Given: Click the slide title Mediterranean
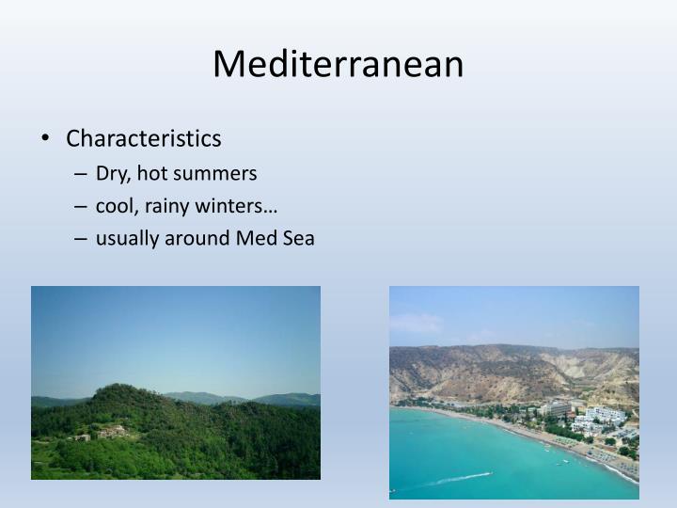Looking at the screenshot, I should tap(338, 64).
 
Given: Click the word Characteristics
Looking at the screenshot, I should tap(144, 139).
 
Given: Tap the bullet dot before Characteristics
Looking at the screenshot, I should tap(47, 139).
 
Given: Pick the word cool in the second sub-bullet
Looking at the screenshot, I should tap(115, 206).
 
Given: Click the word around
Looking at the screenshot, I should tap(197, 239).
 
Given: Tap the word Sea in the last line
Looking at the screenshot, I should tap(297, 239).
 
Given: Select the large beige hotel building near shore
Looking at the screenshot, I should tap(555, 408).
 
